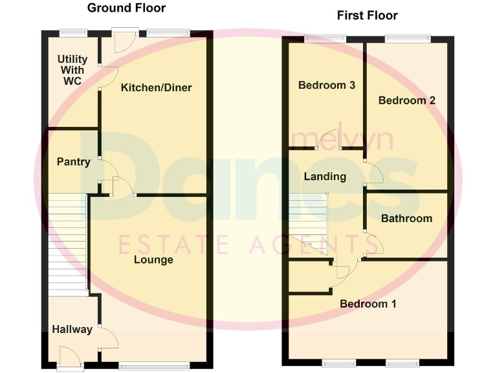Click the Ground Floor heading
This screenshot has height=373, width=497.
(126, 8)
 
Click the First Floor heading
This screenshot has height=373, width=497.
(368, 15)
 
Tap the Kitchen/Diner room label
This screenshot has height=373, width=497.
(157, 87)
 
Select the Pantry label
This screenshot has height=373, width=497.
(73, 162)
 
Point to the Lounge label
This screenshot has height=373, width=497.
(153, 260)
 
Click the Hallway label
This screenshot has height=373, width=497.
(72, 330)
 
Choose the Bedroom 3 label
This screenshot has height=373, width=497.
(327, 85)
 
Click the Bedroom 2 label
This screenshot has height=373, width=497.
(406, 100)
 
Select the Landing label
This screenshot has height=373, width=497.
(325, 176)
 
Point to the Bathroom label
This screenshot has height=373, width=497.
(406, 218)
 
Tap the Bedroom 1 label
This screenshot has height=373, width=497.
(368, 304)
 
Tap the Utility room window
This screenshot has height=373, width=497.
(72, 32)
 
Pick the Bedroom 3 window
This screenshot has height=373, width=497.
(325, 39)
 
